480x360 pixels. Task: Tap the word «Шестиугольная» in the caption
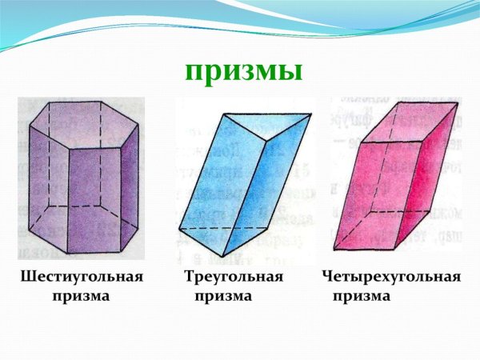click(x=81, y=278)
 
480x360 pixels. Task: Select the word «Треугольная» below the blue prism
click(x=234, y=278)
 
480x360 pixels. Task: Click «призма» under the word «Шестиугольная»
click(x=80, y=296)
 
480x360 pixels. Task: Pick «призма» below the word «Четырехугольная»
click(x=362, y=296)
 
